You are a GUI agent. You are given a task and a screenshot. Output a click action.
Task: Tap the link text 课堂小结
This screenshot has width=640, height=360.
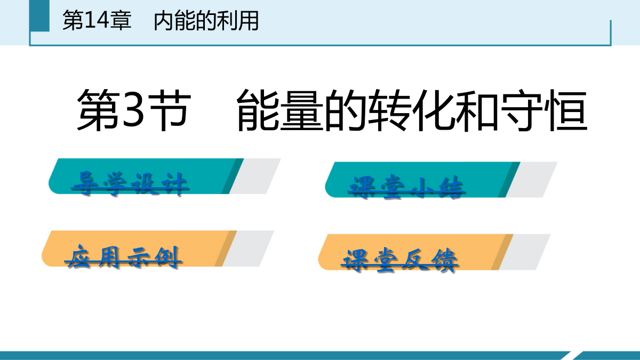tap(406, 187)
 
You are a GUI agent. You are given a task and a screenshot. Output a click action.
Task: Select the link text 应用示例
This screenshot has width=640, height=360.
tap(123, 257)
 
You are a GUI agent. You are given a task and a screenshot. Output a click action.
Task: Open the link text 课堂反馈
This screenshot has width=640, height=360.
tap(399, 260)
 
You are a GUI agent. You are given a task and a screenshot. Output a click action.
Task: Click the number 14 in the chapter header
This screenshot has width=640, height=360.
tap(97, 20)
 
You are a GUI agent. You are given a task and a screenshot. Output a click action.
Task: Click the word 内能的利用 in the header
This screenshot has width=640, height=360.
tap(206, 20)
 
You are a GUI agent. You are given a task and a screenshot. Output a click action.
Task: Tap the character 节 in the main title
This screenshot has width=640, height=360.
tap(170, 110)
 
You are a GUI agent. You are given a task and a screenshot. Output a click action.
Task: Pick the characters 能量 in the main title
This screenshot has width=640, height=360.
tap(280, 110)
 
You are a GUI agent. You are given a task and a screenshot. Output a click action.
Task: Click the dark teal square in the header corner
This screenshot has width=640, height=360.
tap(39, 15)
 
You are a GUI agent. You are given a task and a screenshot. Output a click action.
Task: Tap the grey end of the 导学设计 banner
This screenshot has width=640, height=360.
tap(255, 177)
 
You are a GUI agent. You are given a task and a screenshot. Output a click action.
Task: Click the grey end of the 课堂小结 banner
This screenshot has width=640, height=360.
tap(531, 180)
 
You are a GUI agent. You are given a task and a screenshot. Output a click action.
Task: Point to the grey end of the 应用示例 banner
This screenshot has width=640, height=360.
tap(248, 249)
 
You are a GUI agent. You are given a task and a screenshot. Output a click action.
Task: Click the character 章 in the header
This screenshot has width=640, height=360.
tap(121, 20)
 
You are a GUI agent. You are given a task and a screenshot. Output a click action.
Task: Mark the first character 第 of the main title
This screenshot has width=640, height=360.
tap(98, 110)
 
